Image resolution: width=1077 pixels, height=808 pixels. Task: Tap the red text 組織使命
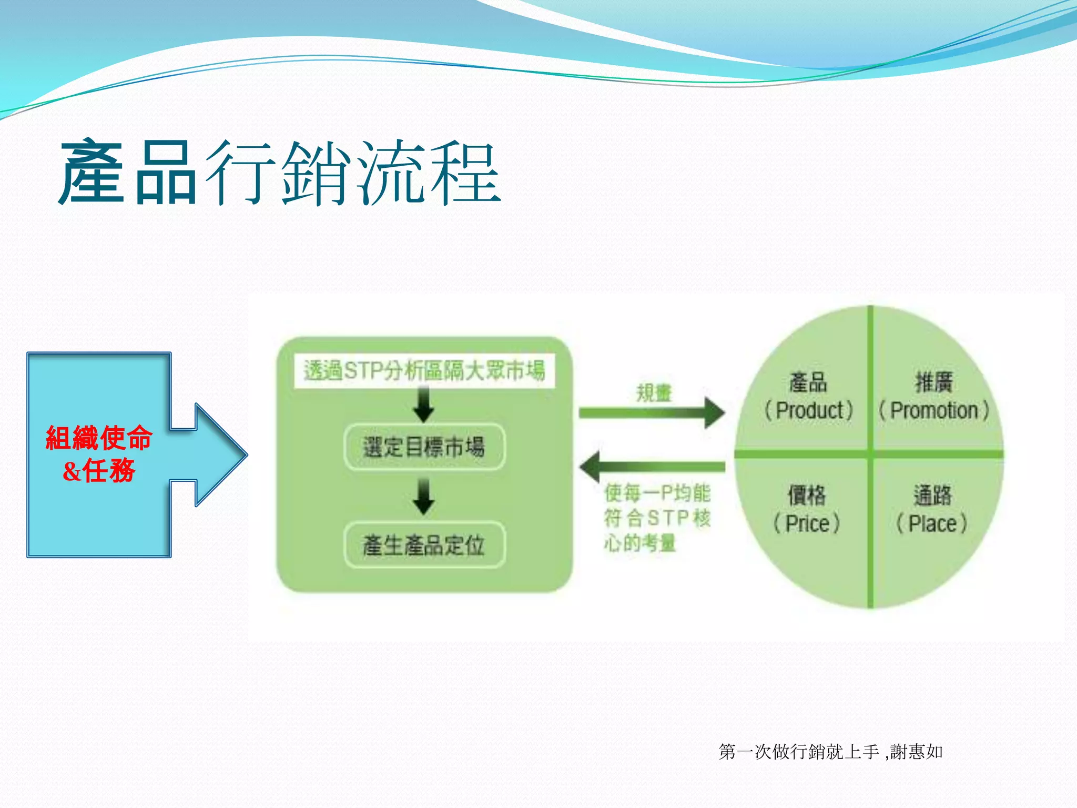coord(99,438)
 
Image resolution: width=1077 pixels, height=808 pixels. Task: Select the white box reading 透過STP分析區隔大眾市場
coord(424,371)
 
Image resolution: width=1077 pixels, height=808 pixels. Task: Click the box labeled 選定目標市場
coord(424,447)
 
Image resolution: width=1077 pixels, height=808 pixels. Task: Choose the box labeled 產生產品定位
coord(424,545)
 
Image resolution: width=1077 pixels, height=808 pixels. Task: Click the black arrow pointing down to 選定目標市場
coord(423,404)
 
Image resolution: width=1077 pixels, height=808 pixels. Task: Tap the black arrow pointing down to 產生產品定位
coord(423,496)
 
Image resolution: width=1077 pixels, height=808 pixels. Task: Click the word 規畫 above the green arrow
coord(654,393)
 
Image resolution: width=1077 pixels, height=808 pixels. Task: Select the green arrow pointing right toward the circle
coord(652,412)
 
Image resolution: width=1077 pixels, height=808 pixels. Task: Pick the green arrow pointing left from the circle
coord(652,466)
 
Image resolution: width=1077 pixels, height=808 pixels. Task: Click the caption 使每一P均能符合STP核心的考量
coord(657,518)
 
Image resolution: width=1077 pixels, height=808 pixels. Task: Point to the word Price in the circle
coord(807,524)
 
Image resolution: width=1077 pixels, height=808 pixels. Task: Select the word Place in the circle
coord(932,524)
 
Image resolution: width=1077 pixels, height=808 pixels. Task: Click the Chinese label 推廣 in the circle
coord(934,382)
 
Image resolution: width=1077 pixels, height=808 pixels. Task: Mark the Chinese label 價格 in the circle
coord(807,495)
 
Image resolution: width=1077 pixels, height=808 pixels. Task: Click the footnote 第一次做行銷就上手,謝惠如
coord(830,752)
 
